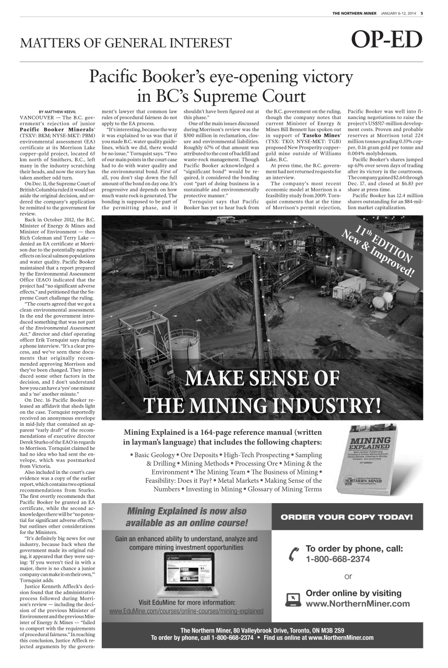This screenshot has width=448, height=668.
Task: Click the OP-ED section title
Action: coord(387,40)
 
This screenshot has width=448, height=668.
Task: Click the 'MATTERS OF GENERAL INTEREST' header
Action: coord(125,43)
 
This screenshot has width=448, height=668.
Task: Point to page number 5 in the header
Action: coord(421,14)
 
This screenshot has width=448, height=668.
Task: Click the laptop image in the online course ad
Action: coord(189,575)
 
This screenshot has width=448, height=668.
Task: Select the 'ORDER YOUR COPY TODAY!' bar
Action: coord(347,517)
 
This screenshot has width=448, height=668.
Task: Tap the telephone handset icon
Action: coord(293,554)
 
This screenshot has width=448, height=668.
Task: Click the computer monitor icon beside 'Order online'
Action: coord(293,599)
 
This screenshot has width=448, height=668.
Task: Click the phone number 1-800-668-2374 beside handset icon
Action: coord(337,559)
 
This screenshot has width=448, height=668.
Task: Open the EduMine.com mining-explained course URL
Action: coord(186,611)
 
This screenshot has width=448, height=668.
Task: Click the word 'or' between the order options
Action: coord(348,576)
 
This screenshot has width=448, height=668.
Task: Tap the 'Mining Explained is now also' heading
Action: coord(186,511)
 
